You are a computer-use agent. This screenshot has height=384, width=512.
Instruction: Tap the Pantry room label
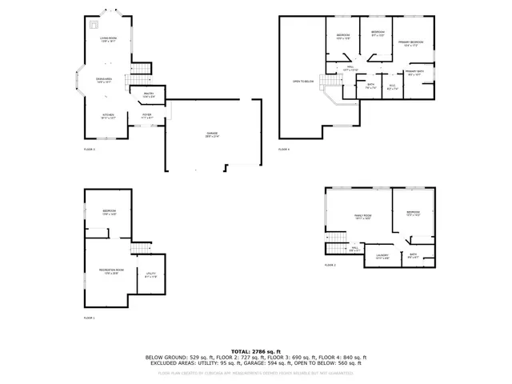point(149,95)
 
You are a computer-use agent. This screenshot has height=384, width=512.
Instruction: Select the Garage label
point(212,134)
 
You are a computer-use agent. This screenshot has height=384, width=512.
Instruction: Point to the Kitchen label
point(109,115)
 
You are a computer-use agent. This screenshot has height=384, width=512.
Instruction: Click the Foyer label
point(146,115)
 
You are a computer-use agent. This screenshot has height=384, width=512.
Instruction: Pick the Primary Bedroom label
point(410,43)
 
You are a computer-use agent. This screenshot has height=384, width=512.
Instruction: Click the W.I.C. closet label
point(392,87)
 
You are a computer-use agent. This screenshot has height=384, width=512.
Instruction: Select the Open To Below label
point(302,81)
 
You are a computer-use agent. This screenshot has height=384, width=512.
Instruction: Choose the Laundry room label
point(382,256)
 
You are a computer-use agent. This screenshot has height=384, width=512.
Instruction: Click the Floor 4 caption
point(284,150)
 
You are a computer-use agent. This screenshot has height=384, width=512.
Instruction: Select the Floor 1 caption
point(90,318)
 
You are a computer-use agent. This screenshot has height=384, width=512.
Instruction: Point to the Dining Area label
point(104,80)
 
